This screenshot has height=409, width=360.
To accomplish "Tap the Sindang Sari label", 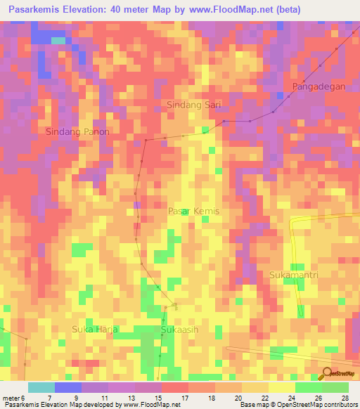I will (x=193, y=105).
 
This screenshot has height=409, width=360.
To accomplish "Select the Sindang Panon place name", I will (x=78, y=131).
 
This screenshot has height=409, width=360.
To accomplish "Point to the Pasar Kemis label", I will (x=194, y=211).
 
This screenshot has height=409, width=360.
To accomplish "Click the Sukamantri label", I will (x=295, y=275).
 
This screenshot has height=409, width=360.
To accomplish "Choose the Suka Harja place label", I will (x=95, y=329).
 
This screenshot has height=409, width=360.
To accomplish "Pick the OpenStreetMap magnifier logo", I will (x=327, y=373).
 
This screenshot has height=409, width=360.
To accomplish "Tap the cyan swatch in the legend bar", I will (x=41, y=387).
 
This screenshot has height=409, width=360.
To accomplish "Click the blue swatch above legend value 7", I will (x=68, y=387).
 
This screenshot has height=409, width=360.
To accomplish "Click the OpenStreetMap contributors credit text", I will (x=310, y=405).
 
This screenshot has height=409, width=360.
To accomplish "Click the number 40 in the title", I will (x=125, y=10).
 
